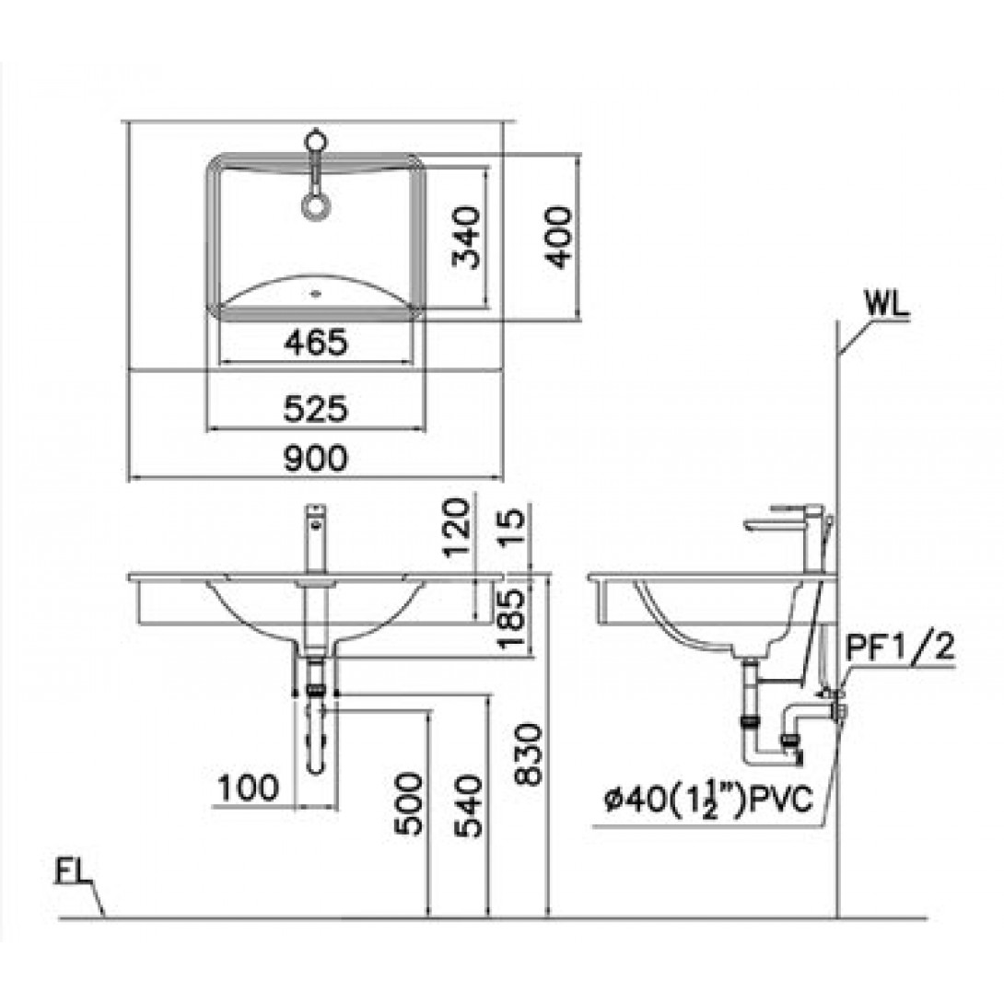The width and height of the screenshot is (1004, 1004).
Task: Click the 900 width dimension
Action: [x=316, y=459]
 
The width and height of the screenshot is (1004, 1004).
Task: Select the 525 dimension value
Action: [x=316, y=409]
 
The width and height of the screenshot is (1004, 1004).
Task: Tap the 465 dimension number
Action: [x=316, y=343]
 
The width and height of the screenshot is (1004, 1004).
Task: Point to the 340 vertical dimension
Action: [x=466, y=237]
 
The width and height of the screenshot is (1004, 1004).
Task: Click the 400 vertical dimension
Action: [x=557, y=237]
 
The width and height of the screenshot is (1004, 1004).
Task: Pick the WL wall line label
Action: [x=887, y=304]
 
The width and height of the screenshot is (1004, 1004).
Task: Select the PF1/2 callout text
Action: [x=900, y=648]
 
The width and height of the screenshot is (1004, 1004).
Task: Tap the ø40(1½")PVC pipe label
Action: [x=708, y=801]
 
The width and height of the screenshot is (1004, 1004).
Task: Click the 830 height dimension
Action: [x=529, y=753]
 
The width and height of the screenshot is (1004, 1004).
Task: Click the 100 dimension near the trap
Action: [x=249, y=787]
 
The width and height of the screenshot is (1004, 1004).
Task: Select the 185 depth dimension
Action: [x=511, y=619]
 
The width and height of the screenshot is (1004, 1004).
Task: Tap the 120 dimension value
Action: [x=457, y=529]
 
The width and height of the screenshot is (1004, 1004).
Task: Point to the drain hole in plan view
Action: [x=314, y=295]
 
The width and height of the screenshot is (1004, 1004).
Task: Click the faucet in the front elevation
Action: [x=315, y=539]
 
